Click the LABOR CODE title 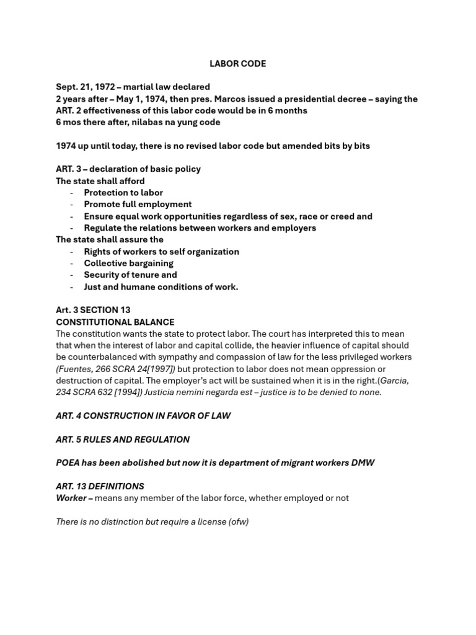click(238, 64)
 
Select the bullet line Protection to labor click(115, 192)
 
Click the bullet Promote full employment click(138, 204)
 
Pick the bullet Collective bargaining click(129, 263)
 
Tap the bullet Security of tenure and click(130, 275)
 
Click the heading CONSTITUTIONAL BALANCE click(115, 322)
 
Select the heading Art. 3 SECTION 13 click(93, 310)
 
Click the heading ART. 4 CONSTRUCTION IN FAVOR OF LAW click(143, 416)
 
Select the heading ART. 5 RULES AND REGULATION click(123, 439)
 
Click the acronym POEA click(68, 463)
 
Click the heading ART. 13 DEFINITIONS click(100, 486)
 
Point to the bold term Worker click(71, 498)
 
